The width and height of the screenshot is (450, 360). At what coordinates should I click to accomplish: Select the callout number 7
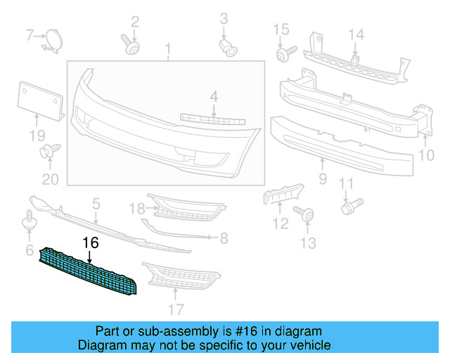coord(30,34)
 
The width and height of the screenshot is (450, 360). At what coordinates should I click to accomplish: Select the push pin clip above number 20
coord(49,150)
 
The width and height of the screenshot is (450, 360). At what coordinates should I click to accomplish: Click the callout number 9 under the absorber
coord(322,179)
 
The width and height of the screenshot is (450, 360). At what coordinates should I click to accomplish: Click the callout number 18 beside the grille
coord(136,207)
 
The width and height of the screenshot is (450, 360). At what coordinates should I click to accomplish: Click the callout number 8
coord(224,238)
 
